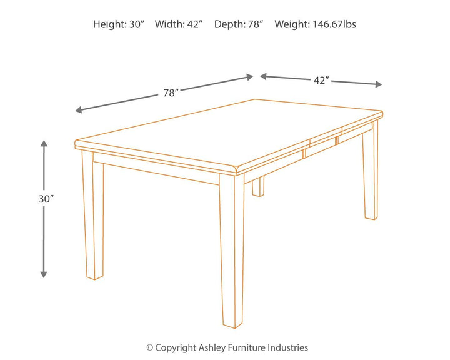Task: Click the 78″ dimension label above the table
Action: tap(171, 92)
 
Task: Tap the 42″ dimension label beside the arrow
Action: tap(321, 79)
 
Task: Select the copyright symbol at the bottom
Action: tap(149, 347)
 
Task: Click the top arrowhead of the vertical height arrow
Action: tap(44, 143)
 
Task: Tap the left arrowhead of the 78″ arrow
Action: tap(78, 111)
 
